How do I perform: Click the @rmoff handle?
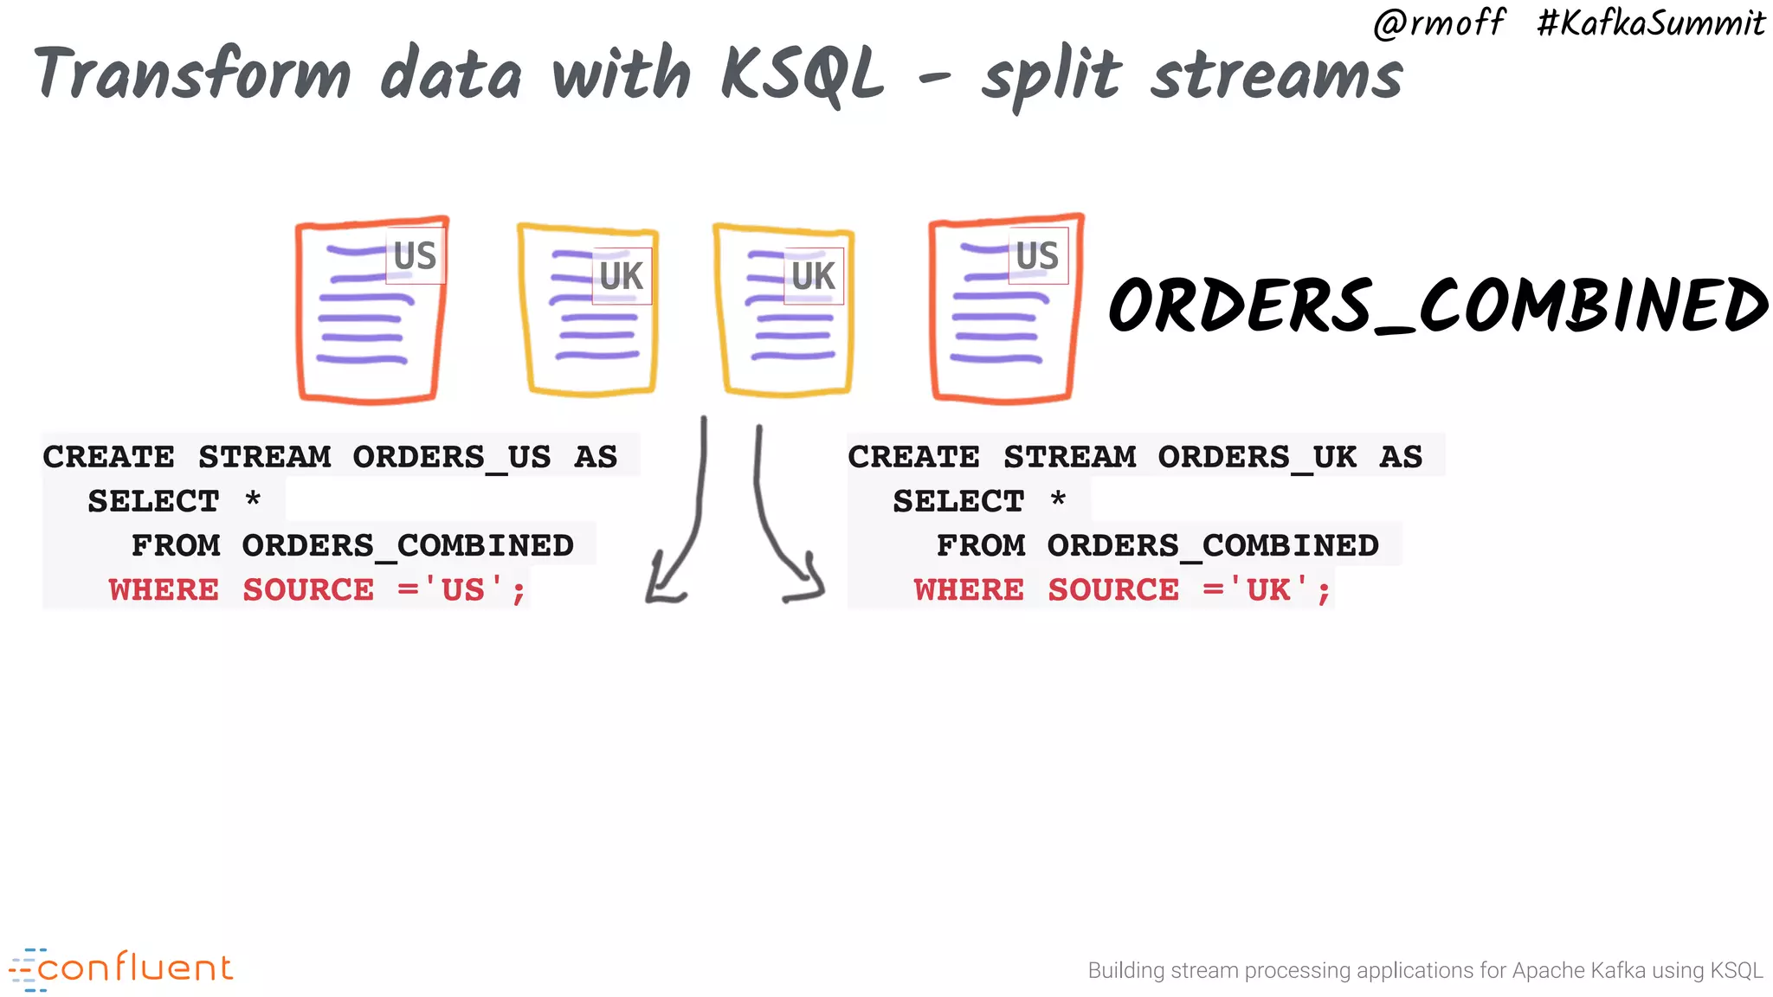1439,23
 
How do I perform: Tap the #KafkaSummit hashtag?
1650,23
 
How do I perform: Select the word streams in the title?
1277,75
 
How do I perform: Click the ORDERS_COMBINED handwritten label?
1438,306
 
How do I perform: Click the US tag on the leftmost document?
416,256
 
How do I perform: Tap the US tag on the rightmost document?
1038,256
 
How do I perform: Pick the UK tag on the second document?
622,277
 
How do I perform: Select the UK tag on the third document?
814,277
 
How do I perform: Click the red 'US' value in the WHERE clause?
463,590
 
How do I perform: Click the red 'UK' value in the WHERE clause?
1268,590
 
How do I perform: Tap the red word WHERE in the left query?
164,590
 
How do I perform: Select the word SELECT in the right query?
958,501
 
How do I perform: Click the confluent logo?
121,968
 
